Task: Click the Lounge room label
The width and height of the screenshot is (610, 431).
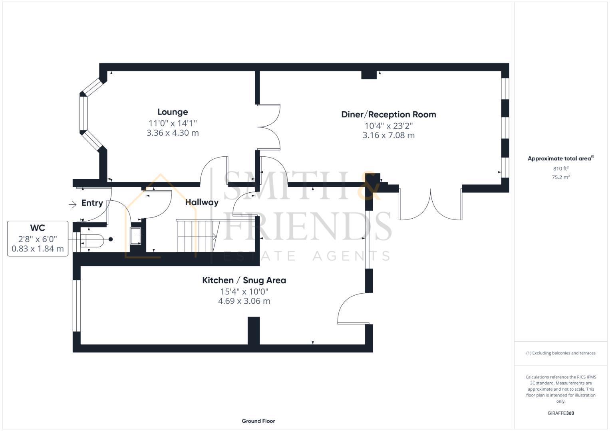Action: tap(172, 112)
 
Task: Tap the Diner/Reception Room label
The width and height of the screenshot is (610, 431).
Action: tap(388, 115)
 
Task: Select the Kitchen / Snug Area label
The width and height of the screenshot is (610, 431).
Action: tap(244, 280)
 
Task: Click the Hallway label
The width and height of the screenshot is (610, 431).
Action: tap(202, 202)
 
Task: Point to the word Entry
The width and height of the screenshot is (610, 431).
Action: tap(92, 203)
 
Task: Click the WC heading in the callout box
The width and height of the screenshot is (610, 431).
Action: tap(38, 228)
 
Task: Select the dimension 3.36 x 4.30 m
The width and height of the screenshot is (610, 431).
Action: tap(172, 133)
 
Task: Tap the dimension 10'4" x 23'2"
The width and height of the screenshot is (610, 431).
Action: tap(388, 126)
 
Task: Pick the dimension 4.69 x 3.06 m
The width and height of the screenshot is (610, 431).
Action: tap(244, 301)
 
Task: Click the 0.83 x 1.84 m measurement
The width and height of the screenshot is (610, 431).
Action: tap(38, 249)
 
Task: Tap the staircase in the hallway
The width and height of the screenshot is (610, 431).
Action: tap(196, 236)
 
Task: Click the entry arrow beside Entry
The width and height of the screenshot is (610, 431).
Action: tap(72, 205)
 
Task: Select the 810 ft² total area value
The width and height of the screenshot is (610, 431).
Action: tap(560, 169)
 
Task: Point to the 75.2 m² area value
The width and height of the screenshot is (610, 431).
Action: tap(560, 177)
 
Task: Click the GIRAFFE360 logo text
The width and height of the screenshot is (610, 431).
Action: tap(560, 413)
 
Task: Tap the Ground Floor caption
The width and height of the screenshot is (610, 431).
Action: tap(258, 421)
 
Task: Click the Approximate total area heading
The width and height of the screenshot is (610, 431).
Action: tap(560, 158)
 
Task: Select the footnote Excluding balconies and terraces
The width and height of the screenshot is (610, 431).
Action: tap(560, 353)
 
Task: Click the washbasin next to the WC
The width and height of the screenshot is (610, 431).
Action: tap(136, 236)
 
